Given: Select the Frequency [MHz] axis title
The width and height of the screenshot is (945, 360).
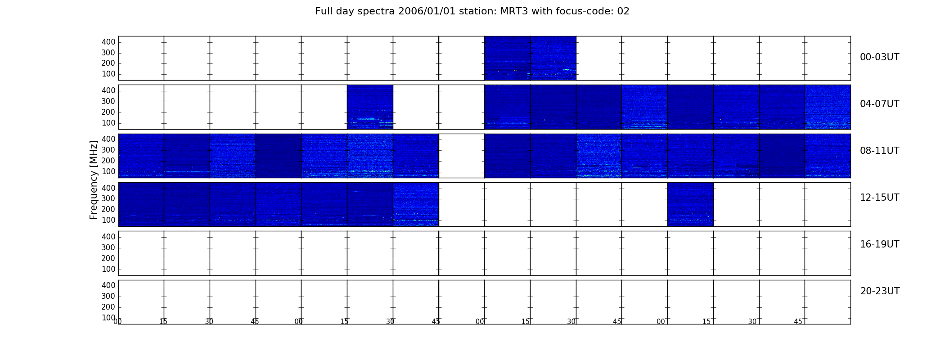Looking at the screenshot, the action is coord(94,180).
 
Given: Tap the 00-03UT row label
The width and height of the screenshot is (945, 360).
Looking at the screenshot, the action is coord(879,57).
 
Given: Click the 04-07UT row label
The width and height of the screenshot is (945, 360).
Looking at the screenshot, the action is coord(879,104).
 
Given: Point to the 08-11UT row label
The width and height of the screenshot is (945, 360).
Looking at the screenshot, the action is coord(879,151).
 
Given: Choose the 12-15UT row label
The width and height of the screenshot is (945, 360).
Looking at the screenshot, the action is coord(879,198).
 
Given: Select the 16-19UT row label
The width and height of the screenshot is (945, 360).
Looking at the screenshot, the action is coord(879,244).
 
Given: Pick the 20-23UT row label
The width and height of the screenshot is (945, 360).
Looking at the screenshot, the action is coord(880,291).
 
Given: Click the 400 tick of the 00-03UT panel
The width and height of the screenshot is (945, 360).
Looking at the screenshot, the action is coord(108,42).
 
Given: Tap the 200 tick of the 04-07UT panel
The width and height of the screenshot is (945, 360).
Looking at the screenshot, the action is coord(108,112).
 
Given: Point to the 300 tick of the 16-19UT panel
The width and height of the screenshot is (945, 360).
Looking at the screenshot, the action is coord(108,247).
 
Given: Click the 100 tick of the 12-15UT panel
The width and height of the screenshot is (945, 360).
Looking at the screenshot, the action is coord(108,220).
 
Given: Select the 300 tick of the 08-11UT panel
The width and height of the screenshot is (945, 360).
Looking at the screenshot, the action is coord(108,150).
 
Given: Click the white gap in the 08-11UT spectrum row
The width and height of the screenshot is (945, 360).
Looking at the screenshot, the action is coord(462,156).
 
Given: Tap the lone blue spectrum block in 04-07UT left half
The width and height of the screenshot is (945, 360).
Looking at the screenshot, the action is coord(370,107).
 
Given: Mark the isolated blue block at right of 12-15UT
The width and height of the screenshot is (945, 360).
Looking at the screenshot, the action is coord(690,204).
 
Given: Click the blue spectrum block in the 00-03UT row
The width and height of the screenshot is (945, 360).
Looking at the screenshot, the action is coord(530,58).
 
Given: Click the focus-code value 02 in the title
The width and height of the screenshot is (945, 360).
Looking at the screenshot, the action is coord(623,11).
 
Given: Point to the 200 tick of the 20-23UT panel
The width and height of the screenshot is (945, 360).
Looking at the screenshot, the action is coord(108,307).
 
